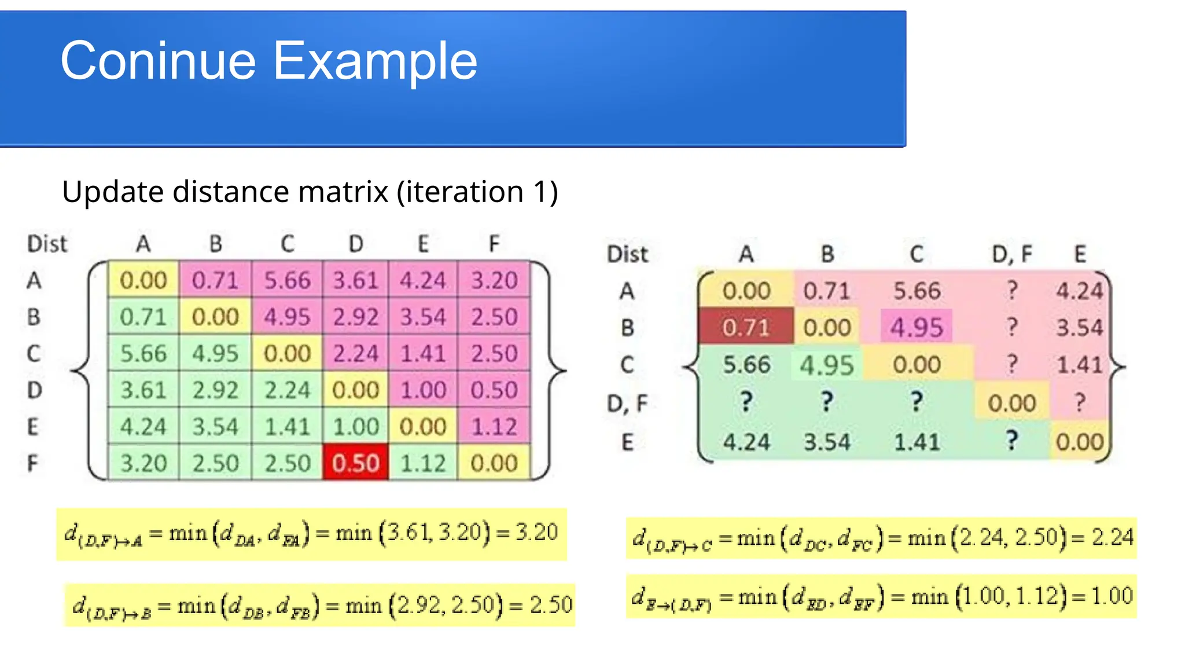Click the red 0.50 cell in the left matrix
[x=355, y=463]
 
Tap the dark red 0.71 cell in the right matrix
[x=745, y=327]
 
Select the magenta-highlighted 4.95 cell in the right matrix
[x=917, y=327]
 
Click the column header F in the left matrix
[x=494, y=244]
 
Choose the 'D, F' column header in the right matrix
[x=1011, y=254]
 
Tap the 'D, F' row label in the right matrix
[x=627, y=403]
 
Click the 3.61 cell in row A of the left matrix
[x=355, y=280]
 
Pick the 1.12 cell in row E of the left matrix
[x=494, y=427]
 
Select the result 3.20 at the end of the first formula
[x=536, y=532]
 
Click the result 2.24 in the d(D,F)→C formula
[x=1112, y=537]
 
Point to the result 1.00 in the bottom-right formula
[x=1112, y=596]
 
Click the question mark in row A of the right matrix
[x=1011, y=289]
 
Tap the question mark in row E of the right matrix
[x=1011, y=441]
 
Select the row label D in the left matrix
[x=34, y=390]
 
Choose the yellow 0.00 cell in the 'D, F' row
[x=1011, y=403]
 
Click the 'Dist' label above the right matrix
[x=627, y=254]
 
